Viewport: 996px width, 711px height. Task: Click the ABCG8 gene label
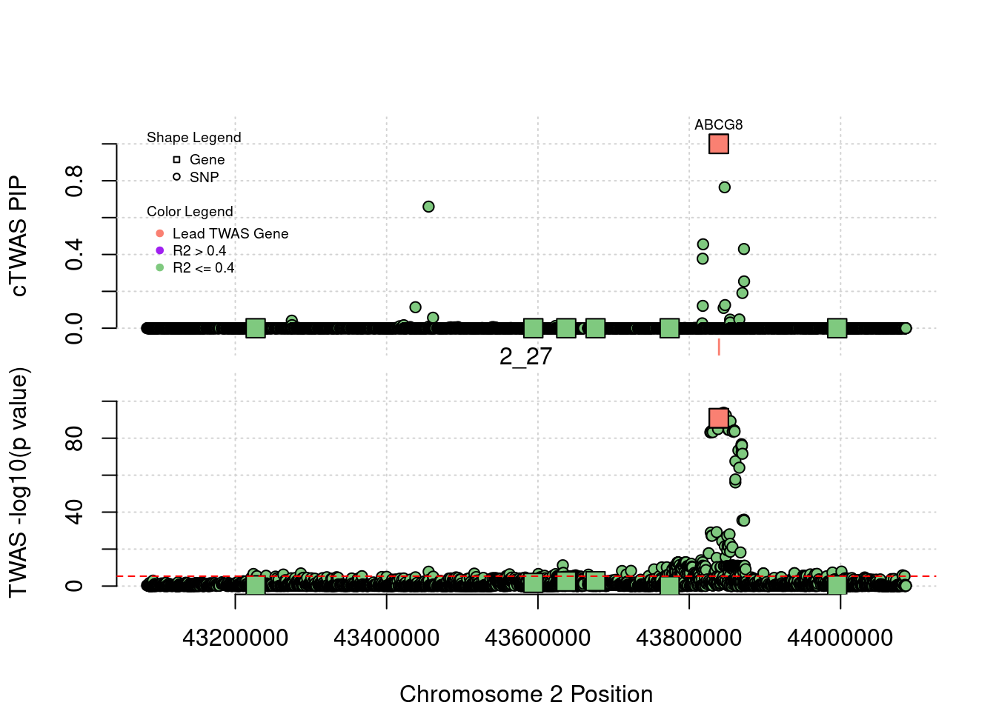(718, 125)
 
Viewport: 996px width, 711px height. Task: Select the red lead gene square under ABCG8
(718, 144)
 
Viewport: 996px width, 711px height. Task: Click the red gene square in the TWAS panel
(718, 418)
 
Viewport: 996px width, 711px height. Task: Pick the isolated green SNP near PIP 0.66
(428, 207)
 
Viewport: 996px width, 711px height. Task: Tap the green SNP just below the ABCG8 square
(724, 187)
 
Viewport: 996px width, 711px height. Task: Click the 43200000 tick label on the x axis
(235, 638)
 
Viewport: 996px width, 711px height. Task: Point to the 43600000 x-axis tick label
(537, 638)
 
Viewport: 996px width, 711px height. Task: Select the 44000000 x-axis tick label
(840, 638)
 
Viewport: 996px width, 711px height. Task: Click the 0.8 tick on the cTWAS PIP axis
(74, 181)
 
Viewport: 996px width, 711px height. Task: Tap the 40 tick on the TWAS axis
(74, 512)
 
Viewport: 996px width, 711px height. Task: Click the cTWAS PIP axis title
(19, 236)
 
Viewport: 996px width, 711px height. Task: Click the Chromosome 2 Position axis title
(526, 694)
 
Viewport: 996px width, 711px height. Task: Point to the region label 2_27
(525, 357)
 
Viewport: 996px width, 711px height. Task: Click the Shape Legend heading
(193, 138)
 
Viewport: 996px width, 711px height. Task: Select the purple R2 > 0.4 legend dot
(159, 251)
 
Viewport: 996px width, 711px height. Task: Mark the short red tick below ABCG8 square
(718, 347)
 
